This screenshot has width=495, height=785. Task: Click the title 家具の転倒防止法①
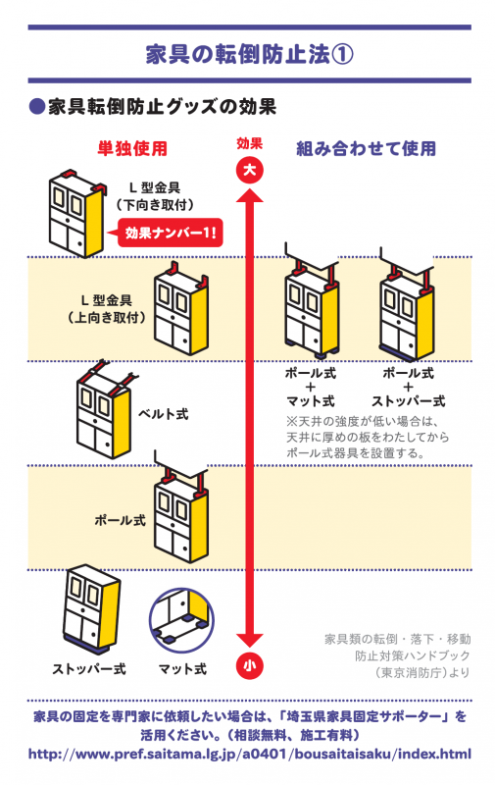pos(247,53)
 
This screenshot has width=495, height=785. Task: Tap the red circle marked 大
pos(249,171)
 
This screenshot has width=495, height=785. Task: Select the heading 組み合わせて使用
pos(366,149)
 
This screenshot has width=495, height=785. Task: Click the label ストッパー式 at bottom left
pos(89,669)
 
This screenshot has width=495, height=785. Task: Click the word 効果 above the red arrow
pos(249,143)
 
